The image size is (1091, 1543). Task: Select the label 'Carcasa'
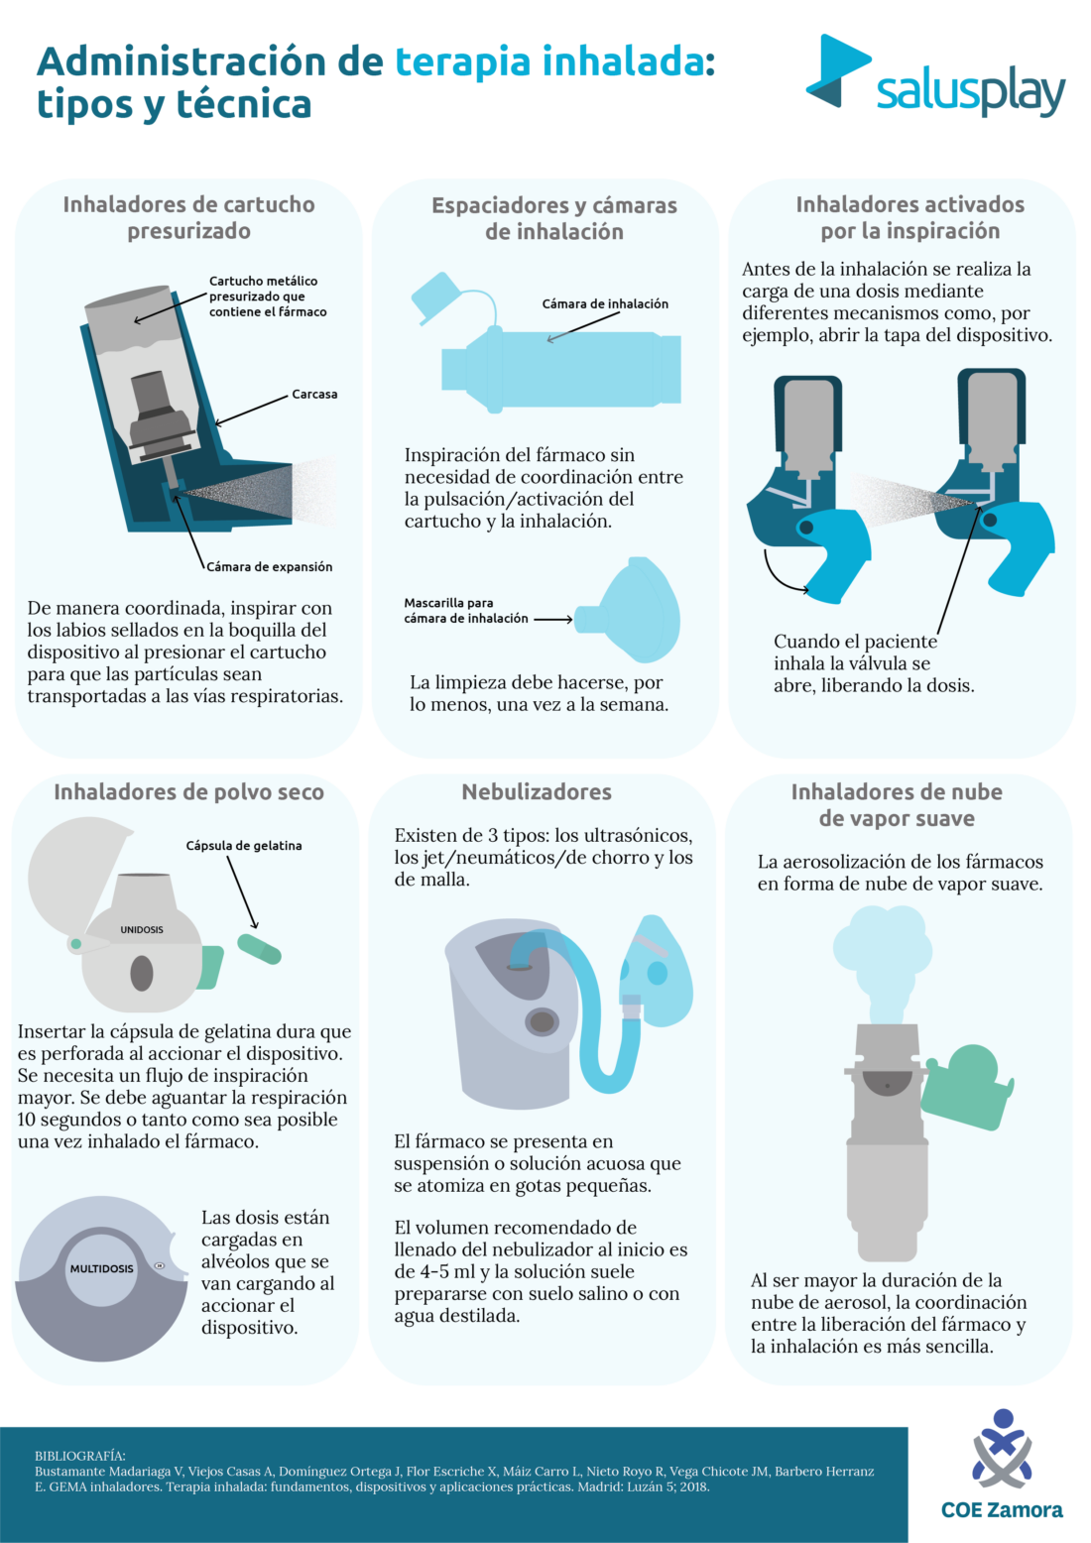coord(314,395)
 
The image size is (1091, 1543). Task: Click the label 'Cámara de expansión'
coord(269,567)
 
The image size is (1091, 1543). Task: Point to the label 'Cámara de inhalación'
coord(605,304)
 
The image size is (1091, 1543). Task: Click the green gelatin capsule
coord(260,949)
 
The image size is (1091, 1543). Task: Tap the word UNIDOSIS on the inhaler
coord(142,930)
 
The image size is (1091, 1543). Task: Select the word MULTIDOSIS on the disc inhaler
coord(101,1269)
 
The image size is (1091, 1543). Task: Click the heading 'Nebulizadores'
coord(537,792)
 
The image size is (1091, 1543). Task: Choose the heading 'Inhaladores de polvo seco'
coord(188,792)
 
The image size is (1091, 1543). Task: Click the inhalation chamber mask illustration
coord(635,611)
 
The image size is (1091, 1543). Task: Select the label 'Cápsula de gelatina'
coord(244,846)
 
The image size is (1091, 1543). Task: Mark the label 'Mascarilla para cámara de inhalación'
coord(466,611)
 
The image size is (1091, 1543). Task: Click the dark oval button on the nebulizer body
coord(543,1019)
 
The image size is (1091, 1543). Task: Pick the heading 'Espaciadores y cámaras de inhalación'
coord(554,219)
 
